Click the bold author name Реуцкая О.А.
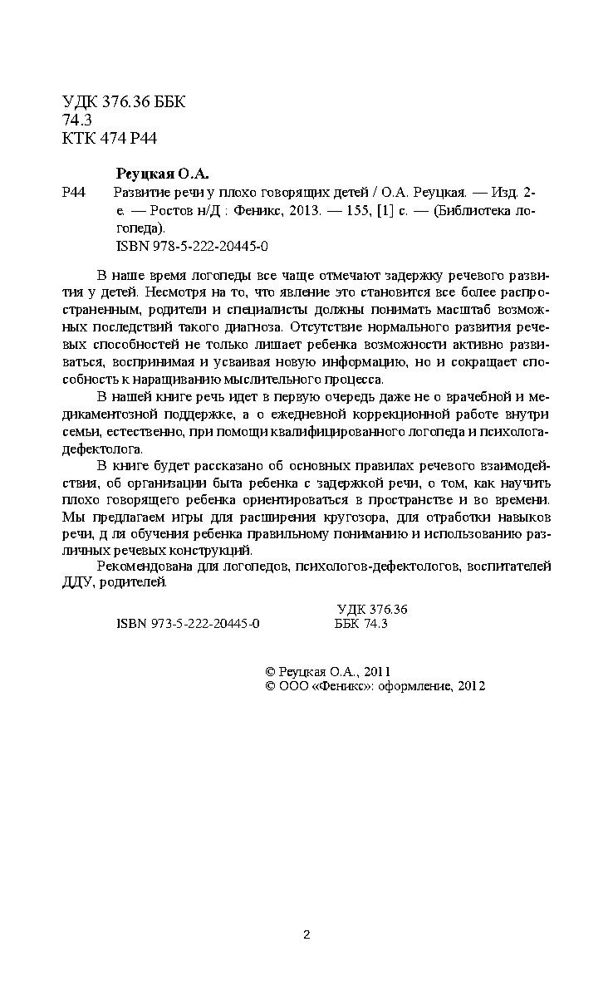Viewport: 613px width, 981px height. [x=161, y=174]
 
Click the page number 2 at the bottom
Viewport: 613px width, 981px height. [x=306, y=935]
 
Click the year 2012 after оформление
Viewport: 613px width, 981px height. [x=470, y=686]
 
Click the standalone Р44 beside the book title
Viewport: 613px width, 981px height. [x=75, y=193]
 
